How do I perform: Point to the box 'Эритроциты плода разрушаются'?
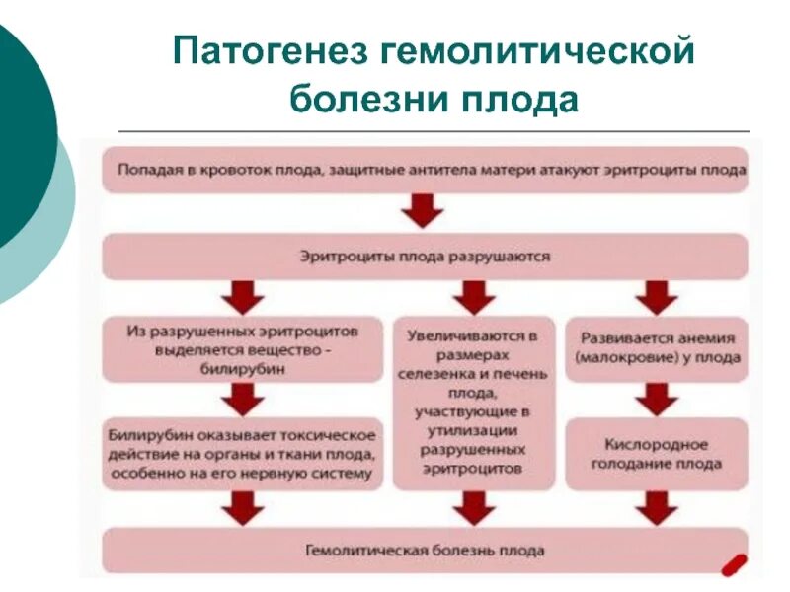tap(425, 256)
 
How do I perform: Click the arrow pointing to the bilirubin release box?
tap(242, 295)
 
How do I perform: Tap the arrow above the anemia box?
tap(656, 295)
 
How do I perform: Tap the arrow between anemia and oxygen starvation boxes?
tap(656, 398)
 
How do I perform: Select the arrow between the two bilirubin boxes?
tap(242, 398)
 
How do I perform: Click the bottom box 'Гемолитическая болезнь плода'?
tap(425, 551)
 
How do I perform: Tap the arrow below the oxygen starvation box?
tap(656, 506)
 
